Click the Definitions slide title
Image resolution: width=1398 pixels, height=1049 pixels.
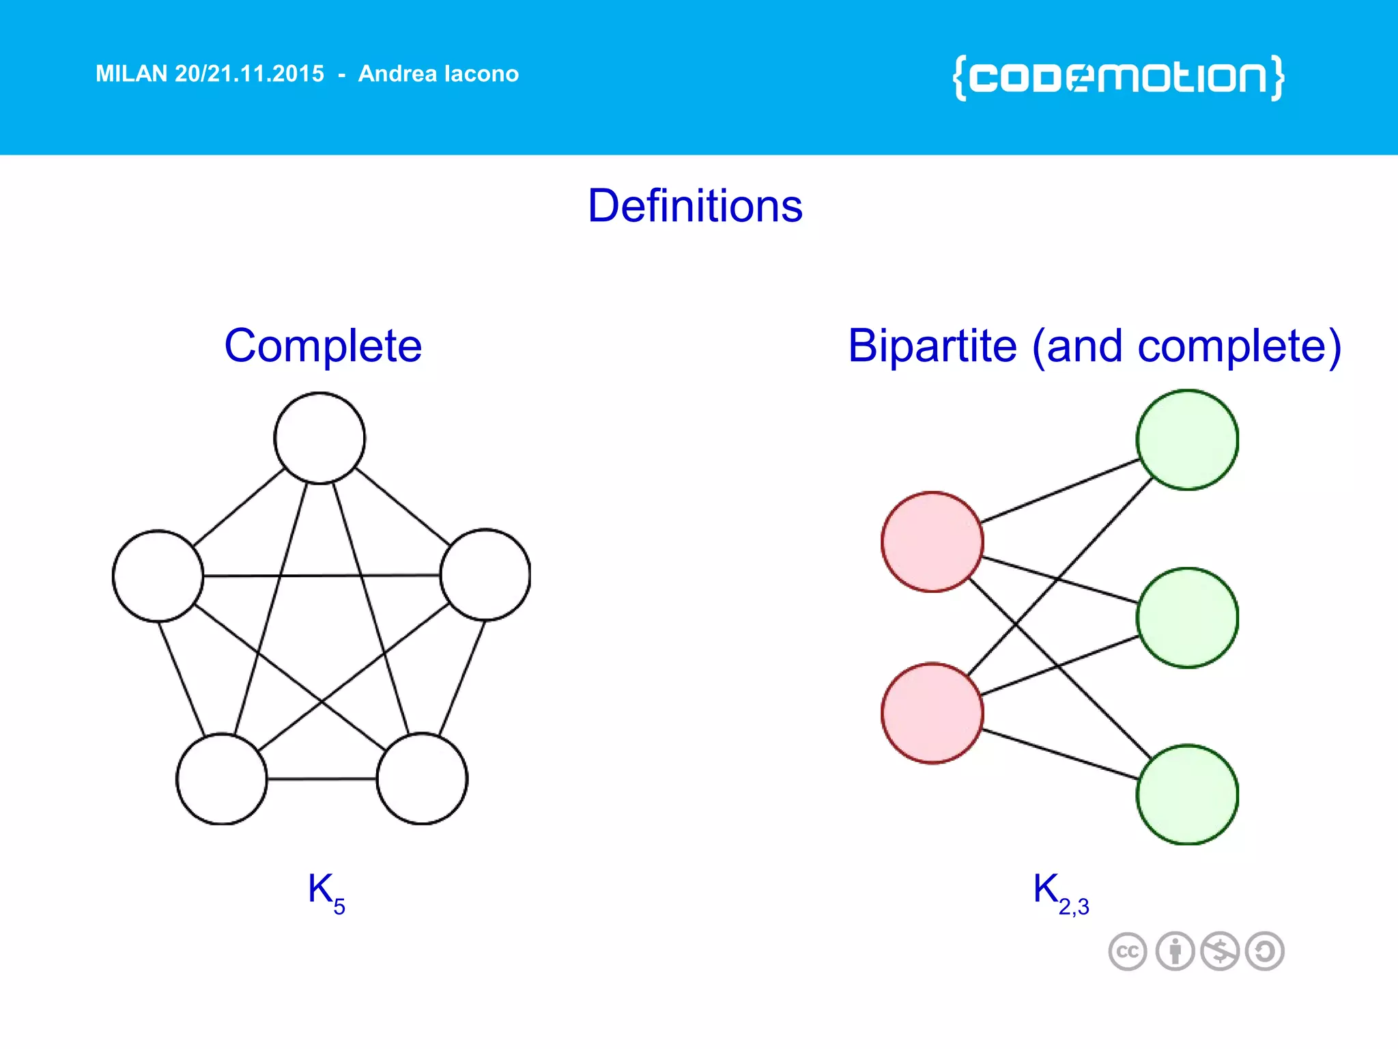(695, 206)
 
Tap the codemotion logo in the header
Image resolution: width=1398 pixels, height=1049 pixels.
(1118, 77)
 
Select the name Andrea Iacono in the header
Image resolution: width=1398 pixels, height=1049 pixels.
(438, 74)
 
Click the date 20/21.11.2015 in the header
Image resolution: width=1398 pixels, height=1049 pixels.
(249, 74)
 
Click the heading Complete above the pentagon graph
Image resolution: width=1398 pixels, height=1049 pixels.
(323, 346)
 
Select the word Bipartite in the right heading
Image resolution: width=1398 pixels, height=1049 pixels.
(932, 346)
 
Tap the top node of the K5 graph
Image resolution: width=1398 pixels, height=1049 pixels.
(319, 438)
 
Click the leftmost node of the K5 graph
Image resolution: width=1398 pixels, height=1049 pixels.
(158, 576)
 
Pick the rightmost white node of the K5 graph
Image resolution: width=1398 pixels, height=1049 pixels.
(485, 574)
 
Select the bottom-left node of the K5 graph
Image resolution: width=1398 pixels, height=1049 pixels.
(222, 779)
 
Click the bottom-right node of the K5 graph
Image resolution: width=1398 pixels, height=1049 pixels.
(422, 779)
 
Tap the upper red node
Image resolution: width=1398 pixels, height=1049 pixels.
(932, 542)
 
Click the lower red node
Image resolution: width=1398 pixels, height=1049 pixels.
(932, 712)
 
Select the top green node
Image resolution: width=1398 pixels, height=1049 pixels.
(1187, 440)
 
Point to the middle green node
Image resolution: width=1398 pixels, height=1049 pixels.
(1187, 617)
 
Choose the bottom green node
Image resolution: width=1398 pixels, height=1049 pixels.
(1187, 794)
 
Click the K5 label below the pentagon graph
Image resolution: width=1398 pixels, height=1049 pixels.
(326, 892)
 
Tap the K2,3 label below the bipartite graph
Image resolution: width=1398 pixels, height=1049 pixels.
(1060, 892)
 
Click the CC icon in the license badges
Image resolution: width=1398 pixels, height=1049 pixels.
(1127, 951)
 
